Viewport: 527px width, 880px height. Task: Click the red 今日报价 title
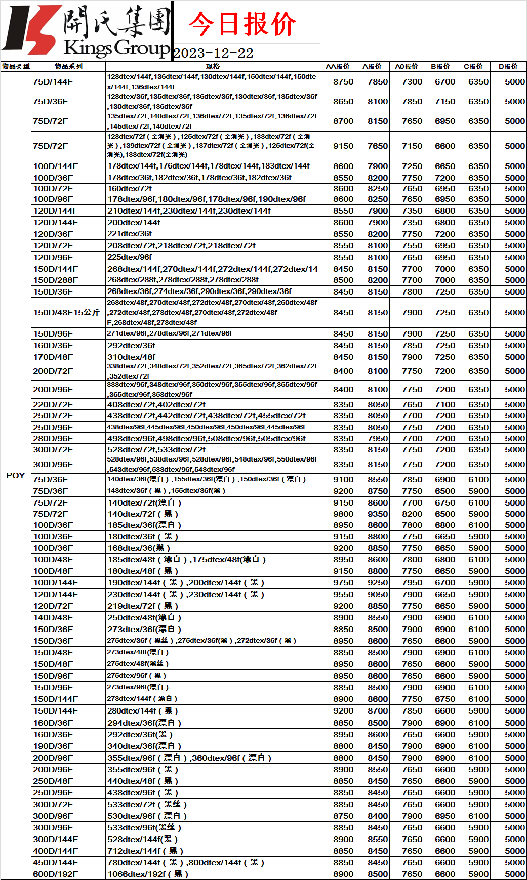click(x=242, y=24)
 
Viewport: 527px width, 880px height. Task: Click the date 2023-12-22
click(x=213, y=53)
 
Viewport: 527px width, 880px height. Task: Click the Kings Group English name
click(x=116, y=48)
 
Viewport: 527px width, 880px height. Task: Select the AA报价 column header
click(x=338, y=66)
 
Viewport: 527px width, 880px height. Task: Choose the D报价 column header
click(x=508, y=66)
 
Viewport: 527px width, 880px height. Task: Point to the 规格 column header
click(x=213, y=66)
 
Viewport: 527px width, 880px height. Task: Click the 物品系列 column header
click(x=68, y=66)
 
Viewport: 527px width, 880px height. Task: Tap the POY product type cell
click(x=16, y=475)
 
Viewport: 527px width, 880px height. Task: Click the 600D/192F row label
click(x=55, y=874)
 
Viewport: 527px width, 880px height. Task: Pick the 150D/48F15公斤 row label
click(x=66, y=312)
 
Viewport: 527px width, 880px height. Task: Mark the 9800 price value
click(x=343, y=514)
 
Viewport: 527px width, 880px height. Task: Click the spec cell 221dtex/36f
click(x=130, y=234)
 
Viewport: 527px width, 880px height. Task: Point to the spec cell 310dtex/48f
click(x=131, y=357)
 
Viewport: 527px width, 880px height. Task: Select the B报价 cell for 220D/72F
click(x=445, y=404)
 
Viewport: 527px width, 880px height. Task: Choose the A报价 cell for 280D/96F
click(x=378, y=438)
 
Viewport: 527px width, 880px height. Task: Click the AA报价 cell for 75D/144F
click(x=343, y=81)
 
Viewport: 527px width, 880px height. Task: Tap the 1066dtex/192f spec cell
click(x=147, y=874)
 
